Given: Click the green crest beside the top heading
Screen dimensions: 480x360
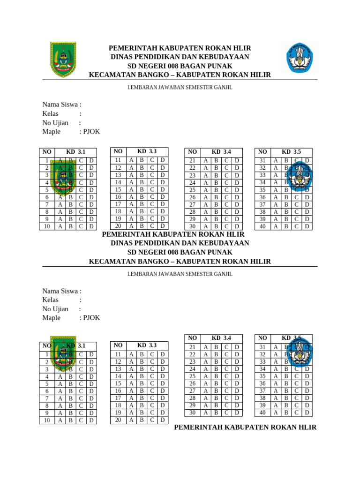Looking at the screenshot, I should click(x=63, y=60).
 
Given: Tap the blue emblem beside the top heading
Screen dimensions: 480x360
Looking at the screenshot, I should click(x=296, y=59).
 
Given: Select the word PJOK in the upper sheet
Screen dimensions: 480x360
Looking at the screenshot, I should click(x=91, y=132).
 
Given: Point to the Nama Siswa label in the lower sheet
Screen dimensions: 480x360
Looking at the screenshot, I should click(x=62, y=291).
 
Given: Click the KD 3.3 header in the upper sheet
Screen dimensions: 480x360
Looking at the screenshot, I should click(x=147, y=151).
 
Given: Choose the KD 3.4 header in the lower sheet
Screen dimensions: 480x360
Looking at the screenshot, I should click(x=221, y=338).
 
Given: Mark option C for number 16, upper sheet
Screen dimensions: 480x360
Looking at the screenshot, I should click(x=152, y=197).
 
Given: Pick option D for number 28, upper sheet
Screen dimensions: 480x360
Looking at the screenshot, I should click(x=237, y=212).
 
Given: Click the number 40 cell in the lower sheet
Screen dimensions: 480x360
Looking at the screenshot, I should click(x=262, y=413).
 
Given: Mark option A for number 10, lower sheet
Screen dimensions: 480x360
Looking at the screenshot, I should click(x=60, y=420).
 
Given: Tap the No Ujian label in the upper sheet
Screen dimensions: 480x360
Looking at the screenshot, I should click(x=55, y=123).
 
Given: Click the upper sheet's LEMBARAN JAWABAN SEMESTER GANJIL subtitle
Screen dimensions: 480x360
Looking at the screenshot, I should click(x=180, y=87).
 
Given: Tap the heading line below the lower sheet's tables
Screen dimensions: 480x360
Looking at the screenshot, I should click(x=245, y=427).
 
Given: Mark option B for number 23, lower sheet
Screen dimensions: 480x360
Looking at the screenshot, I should click(x=216, y=362).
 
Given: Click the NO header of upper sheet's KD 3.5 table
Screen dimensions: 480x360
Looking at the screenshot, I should click(x=262, y=152).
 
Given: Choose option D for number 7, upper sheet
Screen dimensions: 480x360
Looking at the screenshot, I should click(x=92, y=204).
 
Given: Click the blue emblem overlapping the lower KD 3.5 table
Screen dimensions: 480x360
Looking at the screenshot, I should click(x=299, y=351).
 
